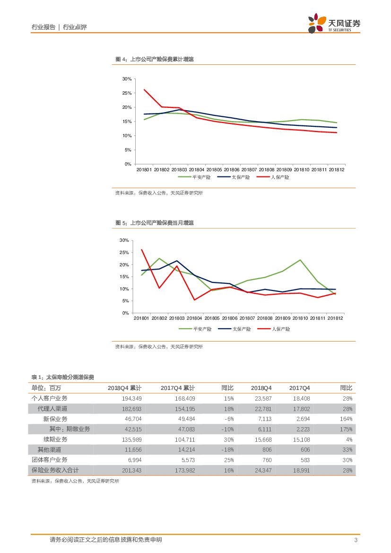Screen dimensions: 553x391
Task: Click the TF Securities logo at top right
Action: click(x=334, y=23)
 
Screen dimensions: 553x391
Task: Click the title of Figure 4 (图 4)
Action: click(x=155, y=59)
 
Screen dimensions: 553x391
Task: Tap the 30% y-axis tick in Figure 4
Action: click(x=126, y=79)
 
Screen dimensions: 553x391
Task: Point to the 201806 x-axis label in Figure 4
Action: click(x=232, y=169)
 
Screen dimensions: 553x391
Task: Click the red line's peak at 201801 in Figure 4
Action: click(x=144, y=89)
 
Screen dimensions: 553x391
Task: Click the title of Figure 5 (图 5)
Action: click(x=155, y=222)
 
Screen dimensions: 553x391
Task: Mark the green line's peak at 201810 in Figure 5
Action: click(x=300, y=260)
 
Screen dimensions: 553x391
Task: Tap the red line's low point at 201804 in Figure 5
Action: click(x=195, y=299)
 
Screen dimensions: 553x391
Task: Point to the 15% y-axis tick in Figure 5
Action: click(x=124, y=277)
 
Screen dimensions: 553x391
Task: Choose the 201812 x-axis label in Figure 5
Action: click(x=336, y=319)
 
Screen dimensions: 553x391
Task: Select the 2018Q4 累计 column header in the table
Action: click(x=124, y=388)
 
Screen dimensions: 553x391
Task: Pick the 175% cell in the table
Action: click(x=346, y=429)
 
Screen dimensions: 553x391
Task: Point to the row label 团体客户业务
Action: click(x=50, y=460)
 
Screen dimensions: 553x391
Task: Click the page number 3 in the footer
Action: click(x=356, y=540)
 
